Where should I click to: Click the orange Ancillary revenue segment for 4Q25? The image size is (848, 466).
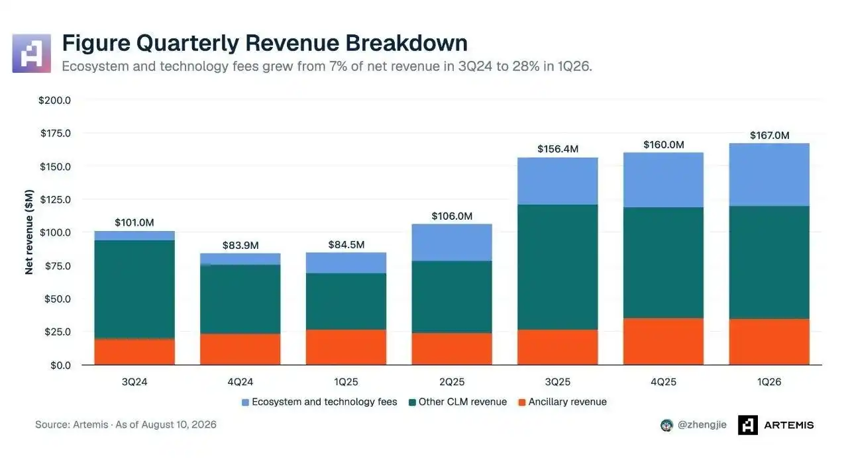(x=663, y=342)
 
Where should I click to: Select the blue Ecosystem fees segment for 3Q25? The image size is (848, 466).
(x=558, y=181)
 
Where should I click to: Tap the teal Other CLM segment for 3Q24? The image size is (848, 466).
(x=134, y=289)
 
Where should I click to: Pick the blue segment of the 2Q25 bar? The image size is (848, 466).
(x=452, y=242)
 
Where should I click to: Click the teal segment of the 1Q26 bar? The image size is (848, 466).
(x=769, y=263)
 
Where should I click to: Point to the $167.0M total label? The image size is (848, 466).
(x=770, y=136)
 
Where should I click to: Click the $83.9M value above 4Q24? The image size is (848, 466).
(x=240, y=246)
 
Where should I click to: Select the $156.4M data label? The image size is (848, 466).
(x=558, y=149)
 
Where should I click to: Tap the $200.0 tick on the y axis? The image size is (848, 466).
(x=54, y=100)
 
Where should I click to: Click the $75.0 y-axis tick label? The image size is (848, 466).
(x=58, y=266)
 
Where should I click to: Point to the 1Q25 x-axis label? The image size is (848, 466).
(x=346, y=382)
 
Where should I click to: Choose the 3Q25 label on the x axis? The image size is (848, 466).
(x=558, y=382)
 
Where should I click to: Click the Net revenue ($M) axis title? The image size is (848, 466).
(x=29, y=232)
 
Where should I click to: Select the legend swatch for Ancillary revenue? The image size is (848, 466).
(x=521, y=402)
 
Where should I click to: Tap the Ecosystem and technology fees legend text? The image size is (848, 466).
(x=324, y=402)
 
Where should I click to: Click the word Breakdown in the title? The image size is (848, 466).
(x=406, y=43)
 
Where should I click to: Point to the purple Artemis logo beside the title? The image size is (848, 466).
(x=31, y=54)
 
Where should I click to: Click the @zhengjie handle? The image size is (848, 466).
(x=702, y=425)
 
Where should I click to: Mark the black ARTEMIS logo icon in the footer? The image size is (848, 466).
(x=748, y=425)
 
